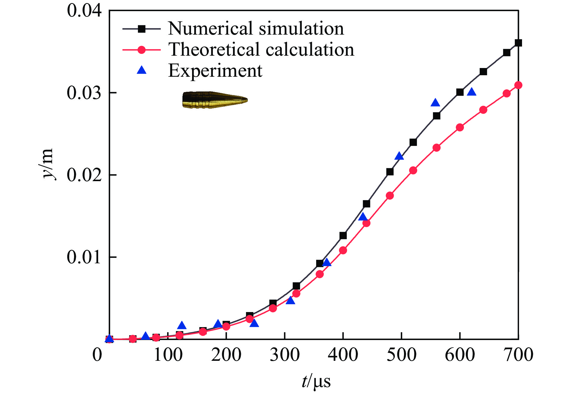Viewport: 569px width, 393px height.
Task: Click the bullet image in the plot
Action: pos(215,100)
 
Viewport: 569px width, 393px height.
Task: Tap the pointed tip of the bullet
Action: pos(247,100)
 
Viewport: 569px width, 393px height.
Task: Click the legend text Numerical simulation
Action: pos(256,29)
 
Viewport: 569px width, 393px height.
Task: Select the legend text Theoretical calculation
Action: pos(261,49)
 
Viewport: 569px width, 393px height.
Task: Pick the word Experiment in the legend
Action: pos(215,71)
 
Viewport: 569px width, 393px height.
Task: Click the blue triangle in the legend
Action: pos(141,70)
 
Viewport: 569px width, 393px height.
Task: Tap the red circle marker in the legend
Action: pos(141,49)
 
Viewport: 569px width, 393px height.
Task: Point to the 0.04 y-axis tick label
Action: pos(84,11)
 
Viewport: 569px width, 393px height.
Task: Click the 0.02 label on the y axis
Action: pos(84,175)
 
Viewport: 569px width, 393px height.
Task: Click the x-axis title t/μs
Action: pos(316,381)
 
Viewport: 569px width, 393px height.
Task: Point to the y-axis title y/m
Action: pos(47,164)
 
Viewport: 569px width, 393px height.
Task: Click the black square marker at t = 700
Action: pos(518,43)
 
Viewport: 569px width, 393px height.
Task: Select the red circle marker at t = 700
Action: pos(518,85)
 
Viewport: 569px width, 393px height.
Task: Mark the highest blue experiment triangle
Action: pos(471,92)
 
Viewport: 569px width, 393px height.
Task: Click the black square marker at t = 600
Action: pos(460,92)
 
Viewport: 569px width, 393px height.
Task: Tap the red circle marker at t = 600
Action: pos(460,127)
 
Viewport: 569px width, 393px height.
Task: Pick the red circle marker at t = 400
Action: pos(343,250)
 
